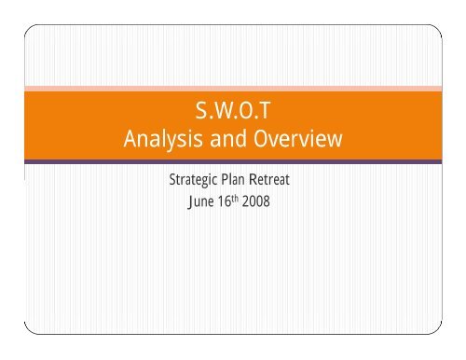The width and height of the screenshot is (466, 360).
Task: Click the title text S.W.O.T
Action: [x=234, y=115]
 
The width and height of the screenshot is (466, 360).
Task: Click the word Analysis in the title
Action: [x=159, y=142]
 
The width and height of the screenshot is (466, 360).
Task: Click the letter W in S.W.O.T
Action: [x=221, y=115]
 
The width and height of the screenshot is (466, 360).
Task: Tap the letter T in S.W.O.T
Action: [x=264, y=115]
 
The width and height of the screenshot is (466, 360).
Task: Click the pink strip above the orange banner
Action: [x=233, y=89]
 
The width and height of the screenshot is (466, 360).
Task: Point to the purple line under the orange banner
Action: [x=233, y=161]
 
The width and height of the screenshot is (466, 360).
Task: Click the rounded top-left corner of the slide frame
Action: [x=29, y=29]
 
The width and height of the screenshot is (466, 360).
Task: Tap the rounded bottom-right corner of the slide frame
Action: [x=436, y=328]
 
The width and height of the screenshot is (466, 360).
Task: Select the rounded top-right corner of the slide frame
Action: [x=436, y=29]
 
